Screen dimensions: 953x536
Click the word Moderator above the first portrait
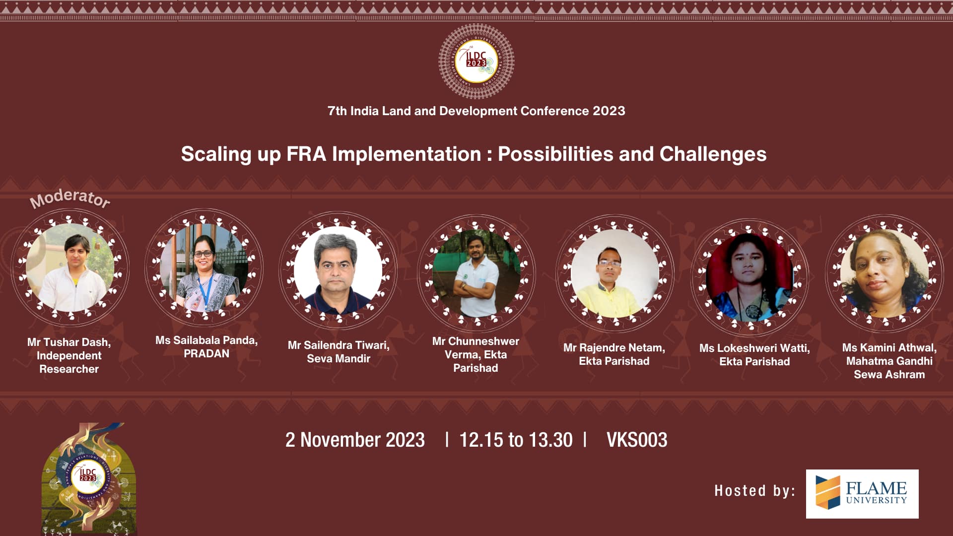[70, 198]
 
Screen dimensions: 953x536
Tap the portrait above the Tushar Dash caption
[70, 268]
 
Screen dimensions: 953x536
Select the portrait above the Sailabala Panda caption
[204, 268]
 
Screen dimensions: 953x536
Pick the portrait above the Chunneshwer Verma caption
[476, 273]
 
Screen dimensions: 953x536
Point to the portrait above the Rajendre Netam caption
[615, 273]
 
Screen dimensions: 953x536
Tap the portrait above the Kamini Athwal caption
[884, 273]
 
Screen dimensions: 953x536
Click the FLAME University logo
[862, 494]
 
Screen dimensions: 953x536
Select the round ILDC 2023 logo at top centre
[476, 61]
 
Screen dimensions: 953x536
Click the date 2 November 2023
[355, 440]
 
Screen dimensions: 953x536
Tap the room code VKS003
[637, 440]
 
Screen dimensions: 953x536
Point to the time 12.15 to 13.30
[516, 440]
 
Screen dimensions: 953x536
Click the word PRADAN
[206, 354]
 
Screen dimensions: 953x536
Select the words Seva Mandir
[339, 359]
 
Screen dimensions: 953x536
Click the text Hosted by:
[754, 491]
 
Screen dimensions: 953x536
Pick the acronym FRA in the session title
[306, 154]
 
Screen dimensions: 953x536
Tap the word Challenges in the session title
[713, 154]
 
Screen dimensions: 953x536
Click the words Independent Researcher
[69, 362]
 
